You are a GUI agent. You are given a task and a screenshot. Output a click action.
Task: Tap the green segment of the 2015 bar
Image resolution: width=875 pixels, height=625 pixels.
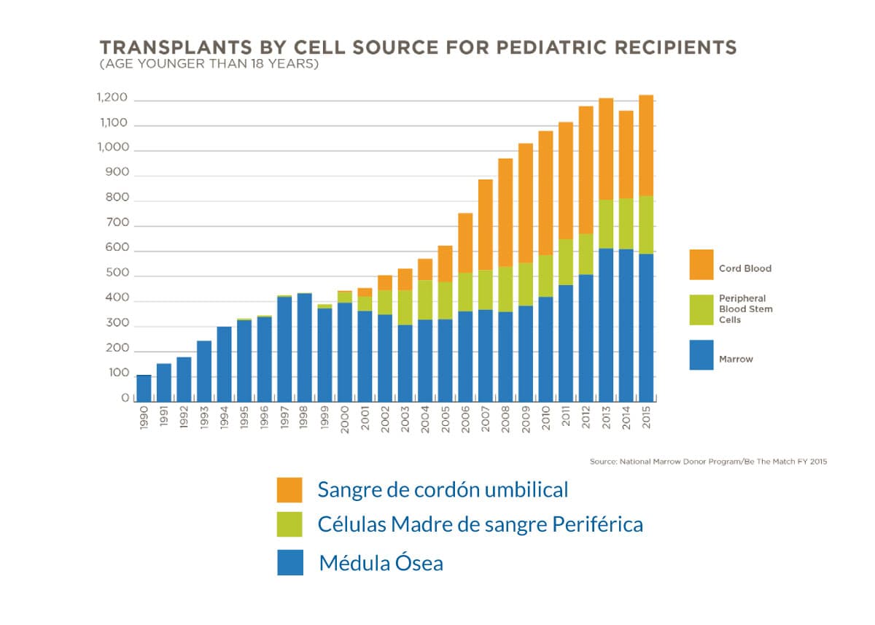pyautogui.click(x=645, y=225)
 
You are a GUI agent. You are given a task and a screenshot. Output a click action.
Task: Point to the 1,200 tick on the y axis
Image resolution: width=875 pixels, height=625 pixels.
pyautogui.click(x=112, y=98)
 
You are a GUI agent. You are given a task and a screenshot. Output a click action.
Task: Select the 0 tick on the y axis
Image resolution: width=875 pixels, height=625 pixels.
pyautogui.click(x=125, y=399)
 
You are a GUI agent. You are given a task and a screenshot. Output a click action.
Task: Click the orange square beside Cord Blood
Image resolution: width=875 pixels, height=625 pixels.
pyautogui.click(x=701, y=264)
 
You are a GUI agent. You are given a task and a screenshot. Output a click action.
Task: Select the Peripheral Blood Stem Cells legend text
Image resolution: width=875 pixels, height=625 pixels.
pyautogui.click(x=746, y=308)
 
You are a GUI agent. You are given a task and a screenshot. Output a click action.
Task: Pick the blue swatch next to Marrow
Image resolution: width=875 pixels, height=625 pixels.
pyautogui.click(x=701, y=356)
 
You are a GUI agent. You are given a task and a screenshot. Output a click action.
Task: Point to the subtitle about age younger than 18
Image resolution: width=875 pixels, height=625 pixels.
pyautogui.click(x=209, y=64)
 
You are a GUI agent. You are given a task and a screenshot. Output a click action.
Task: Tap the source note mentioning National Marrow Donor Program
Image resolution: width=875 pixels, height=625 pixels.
pyautogui.click(x=708, y=462)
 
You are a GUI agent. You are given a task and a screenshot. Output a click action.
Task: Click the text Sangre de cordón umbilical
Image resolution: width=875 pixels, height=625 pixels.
pyautogui.click(x=443, y=489)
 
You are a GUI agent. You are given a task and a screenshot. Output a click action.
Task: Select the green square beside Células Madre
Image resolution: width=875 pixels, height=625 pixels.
pyautogui.click(x=289, y=524)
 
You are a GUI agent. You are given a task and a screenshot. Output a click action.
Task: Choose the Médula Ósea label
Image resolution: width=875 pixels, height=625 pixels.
pyautogui.click(x=381, y=563)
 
